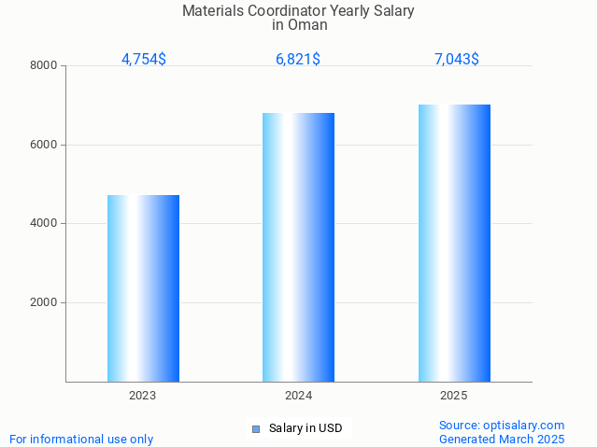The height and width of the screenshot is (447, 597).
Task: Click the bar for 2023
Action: tap(143, 288)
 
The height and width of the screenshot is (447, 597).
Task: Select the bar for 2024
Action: tap(298, 247)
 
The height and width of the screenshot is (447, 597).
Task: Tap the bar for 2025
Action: tap(454, 243)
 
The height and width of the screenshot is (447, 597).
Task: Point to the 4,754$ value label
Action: tap(144, 60)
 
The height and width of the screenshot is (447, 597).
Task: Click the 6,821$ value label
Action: tap(298, 60)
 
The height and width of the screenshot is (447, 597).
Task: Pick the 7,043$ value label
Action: tap(457, 60)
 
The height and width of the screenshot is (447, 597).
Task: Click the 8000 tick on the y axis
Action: tap(43, 66)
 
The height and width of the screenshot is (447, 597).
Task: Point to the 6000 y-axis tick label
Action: tap(43, 145)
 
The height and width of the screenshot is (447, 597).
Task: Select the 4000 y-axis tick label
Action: tap(43, 224)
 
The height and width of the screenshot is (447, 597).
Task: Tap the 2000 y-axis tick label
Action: tap(43, 303)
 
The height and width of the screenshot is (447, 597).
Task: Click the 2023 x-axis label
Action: tap(143, 396)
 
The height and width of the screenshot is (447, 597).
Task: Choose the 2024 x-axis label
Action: tap(298, 396)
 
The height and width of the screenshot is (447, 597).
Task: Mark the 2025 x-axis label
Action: tap(454, 396)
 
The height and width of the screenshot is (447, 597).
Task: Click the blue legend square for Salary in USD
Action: tap(255, 429)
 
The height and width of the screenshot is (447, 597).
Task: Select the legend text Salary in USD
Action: tap(306, 429)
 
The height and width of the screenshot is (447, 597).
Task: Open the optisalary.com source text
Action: tap(502, 425)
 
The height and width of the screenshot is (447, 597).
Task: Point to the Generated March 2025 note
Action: tap(502, 439)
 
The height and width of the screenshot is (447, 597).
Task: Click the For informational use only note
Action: tap(81, 439)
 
